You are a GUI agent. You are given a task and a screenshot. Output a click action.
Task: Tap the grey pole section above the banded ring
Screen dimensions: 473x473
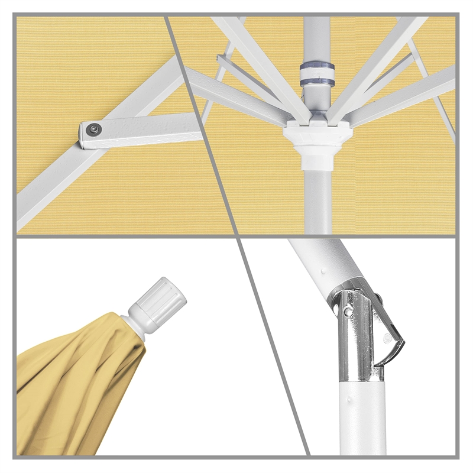coord(317,35)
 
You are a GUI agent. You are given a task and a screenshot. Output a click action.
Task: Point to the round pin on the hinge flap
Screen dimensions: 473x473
coord(387,339)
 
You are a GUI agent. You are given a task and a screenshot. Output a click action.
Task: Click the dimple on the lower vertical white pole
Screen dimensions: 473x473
coord(354,401)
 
